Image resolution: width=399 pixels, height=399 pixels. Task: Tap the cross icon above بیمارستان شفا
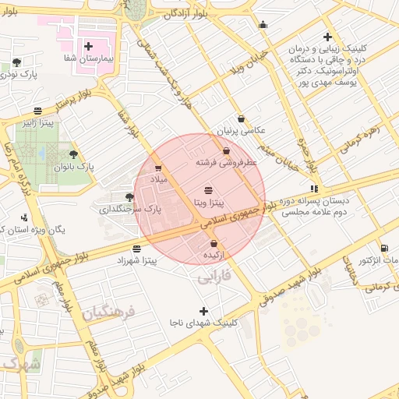coord(88,47)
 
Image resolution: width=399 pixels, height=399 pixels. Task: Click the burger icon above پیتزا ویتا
coord(208,190)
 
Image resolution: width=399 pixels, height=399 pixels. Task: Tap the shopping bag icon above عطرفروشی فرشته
coord(226,151)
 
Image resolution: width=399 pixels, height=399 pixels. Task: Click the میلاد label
coord(158,179)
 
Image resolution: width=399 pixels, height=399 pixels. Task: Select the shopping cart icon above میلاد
coord(158,168)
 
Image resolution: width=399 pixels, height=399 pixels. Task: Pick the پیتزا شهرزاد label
coord(137,261)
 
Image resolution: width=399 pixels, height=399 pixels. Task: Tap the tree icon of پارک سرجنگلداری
coord(129,197)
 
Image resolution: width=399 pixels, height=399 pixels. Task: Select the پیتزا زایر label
coord(38,123)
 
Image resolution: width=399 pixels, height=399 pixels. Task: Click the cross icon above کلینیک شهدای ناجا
coord(204,311)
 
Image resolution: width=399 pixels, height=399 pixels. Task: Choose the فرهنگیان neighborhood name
coord(110,313)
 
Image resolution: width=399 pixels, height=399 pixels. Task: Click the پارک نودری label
coord(22,74)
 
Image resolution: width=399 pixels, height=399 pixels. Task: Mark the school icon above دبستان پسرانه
coord(314,188)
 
